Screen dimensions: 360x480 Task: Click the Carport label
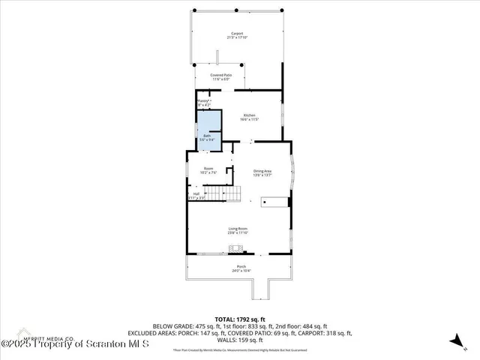[x=237, y=34]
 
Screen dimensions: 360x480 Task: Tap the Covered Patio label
[x=221, y=75]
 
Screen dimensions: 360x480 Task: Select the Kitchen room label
[x=249, y=115]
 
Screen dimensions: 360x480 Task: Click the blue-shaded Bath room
[x=208, y=127]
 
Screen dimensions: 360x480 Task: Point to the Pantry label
[x=202, y=101]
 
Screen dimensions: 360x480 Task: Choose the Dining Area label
[x=262, y=171]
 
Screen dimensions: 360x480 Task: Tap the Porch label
[x=241, y=266]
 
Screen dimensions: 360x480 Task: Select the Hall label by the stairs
[x=196, y=193]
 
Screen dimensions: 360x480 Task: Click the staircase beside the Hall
[x=223, y=194]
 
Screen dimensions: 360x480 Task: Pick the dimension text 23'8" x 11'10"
[x=238, y=232]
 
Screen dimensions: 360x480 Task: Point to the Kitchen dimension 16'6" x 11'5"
[x=249, y=119]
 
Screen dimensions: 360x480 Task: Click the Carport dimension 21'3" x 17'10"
[x=237, y=38]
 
